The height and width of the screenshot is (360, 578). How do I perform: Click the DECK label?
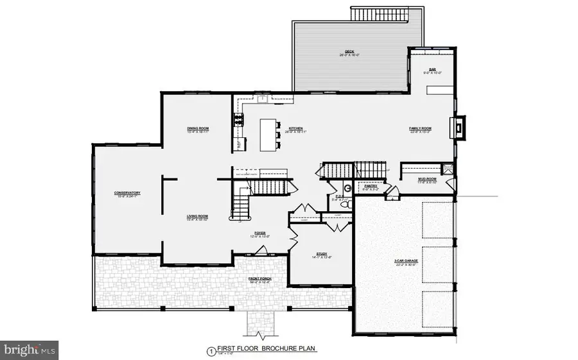point(349,52)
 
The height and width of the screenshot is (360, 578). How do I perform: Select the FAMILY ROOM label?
point(421,128)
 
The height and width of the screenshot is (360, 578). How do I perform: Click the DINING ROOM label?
point(198,128)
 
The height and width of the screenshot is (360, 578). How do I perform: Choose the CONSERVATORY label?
point(127,193)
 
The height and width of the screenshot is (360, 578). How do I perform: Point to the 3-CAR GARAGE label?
point(406,261)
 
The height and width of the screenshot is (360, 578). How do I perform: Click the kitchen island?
point(268,135)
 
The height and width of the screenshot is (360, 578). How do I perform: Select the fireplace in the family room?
point(459,126)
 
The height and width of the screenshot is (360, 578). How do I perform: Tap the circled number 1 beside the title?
point(209,350)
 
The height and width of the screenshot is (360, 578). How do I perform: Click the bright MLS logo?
point(30,350)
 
